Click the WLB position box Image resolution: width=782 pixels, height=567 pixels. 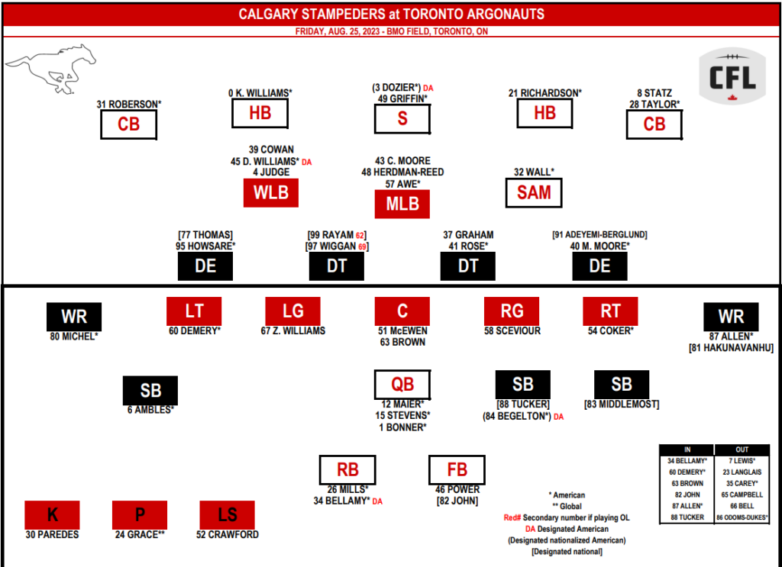(270, 192)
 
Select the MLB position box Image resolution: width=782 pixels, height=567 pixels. (402, 205)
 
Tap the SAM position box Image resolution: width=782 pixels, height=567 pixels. (534, 192)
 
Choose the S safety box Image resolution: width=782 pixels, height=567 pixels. (402, 119)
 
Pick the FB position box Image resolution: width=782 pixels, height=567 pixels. (457, 469)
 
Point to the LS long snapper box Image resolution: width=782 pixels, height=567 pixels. (227, 515)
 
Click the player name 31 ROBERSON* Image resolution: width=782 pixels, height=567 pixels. (129, 104)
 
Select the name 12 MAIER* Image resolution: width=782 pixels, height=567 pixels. (402, 404)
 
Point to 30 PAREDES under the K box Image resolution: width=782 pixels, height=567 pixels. (52, 535)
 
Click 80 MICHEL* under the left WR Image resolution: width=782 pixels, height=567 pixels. (74, 336)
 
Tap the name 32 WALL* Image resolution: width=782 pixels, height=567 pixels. (534, 172)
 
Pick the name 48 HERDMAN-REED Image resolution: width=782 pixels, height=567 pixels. (402, 172)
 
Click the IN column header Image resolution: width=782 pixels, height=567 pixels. (687, 449)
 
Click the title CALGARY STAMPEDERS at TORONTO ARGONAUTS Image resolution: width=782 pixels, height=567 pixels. (391, 14)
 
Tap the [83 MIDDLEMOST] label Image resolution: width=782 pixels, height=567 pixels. (622, 404)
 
